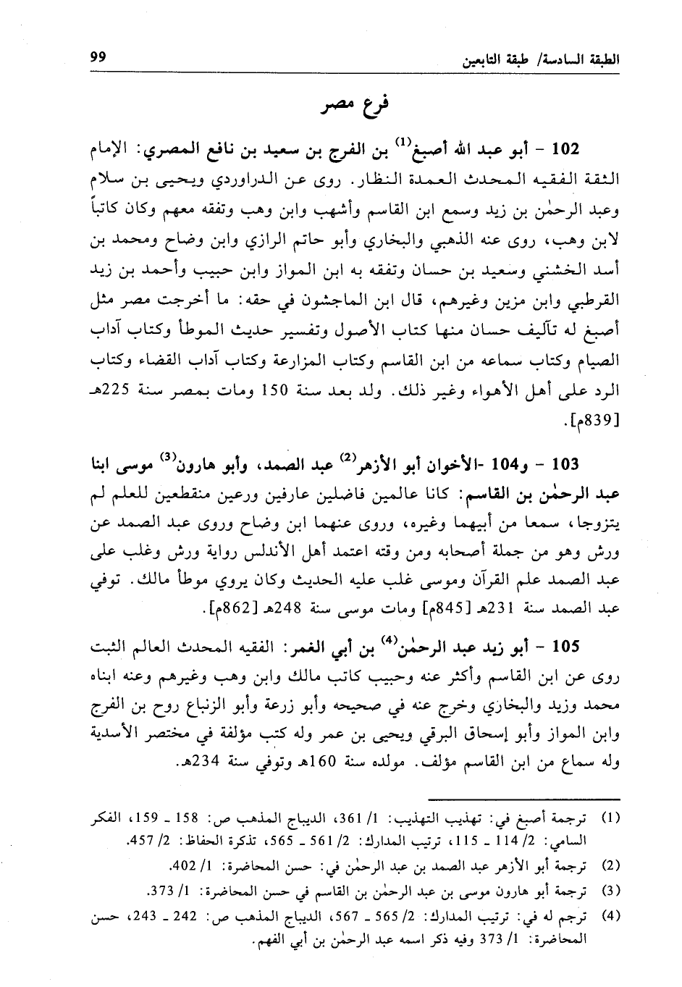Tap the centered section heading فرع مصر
pyautogui.click(x=355, y=106)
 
